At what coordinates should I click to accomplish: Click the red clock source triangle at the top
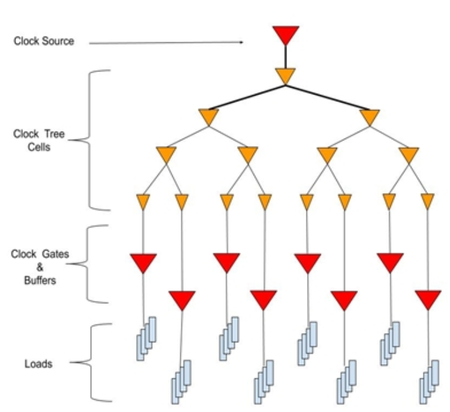click(x=286, y=34)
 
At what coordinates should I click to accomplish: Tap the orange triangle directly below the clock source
click(x=285, y=76)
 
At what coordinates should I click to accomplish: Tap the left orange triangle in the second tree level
click(x=209, y=117)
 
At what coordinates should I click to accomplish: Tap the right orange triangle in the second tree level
click(x=369, y=117)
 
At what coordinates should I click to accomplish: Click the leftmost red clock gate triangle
click(x=143, y=263)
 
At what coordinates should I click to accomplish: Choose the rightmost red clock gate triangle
click(x=428, y=300)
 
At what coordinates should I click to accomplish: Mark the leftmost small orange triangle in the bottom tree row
click(x=143, y=201)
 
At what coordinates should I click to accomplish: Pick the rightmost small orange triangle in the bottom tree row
click(x=428, y=201)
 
